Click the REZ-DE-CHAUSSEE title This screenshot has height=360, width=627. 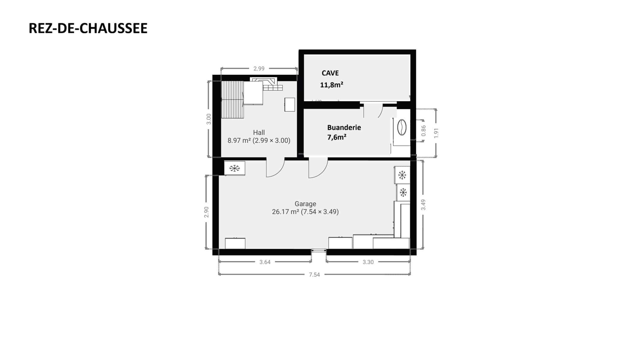(x=88, y=28)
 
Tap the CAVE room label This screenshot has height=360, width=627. (x=330, y=73)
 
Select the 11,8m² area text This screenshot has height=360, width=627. (x=332, y=85)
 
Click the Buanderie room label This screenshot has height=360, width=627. (x=344, y=127)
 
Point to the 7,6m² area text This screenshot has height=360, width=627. (x=337, y=137)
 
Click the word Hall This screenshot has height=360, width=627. (x=259, y=132)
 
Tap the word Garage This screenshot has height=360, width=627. (x=305, y=204)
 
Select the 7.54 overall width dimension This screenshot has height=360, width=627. (x=314, y=274)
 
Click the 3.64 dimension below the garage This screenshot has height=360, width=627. (x=265, y=262)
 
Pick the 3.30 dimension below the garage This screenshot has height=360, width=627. (x=368, y=262)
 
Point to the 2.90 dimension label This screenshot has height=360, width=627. (x=206, y=212)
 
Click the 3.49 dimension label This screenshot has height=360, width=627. (x=423, y=205)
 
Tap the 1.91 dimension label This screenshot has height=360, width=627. (x=436, y=133)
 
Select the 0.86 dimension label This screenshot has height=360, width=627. (x=424, y=130)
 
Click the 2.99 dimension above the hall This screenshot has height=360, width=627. (x=259, y=68)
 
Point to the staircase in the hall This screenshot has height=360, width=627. (x=232, y=99)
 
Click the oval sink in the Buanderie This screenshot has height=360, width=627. (x=402, y=127)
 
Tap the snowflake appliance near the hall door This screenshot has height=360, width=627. (x=234, y=168)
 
